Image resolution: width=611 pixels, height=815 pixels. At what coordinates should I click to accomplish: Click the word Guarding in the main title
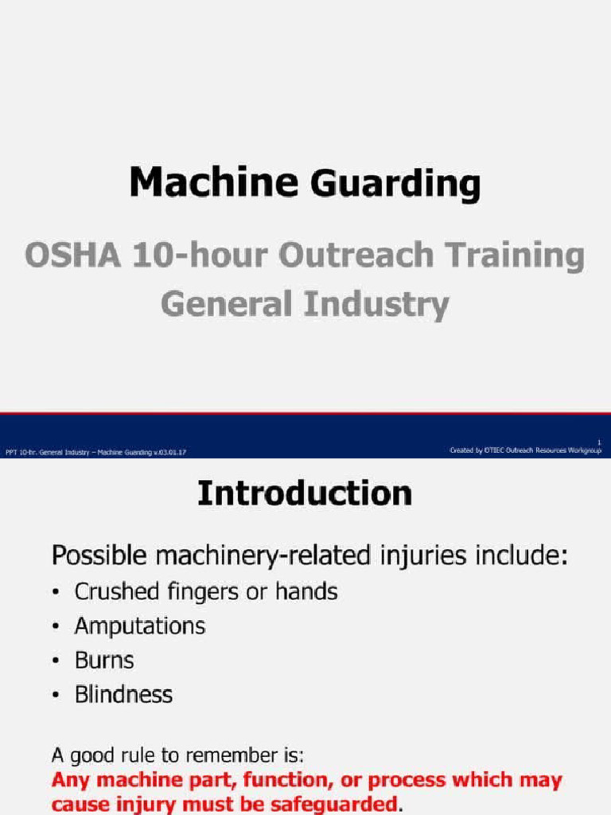(x=395, y=184)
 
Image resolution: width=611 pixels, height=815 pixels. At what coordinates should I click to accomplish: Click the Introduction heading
(x=305, y=493)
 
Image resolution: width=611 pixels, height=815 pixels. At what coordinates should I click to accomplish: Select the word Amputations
(x=140, y=626)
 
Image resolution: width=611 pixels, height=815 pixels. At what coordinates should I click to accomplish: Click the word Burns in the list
(x=104, y=660)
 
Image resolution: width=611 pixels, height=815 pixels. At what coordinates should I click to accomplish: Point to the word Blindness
(x=123, y=694)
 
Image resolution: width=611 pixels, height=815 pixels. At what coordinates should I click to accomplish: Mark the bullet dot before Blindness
(x=55, y=696)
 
